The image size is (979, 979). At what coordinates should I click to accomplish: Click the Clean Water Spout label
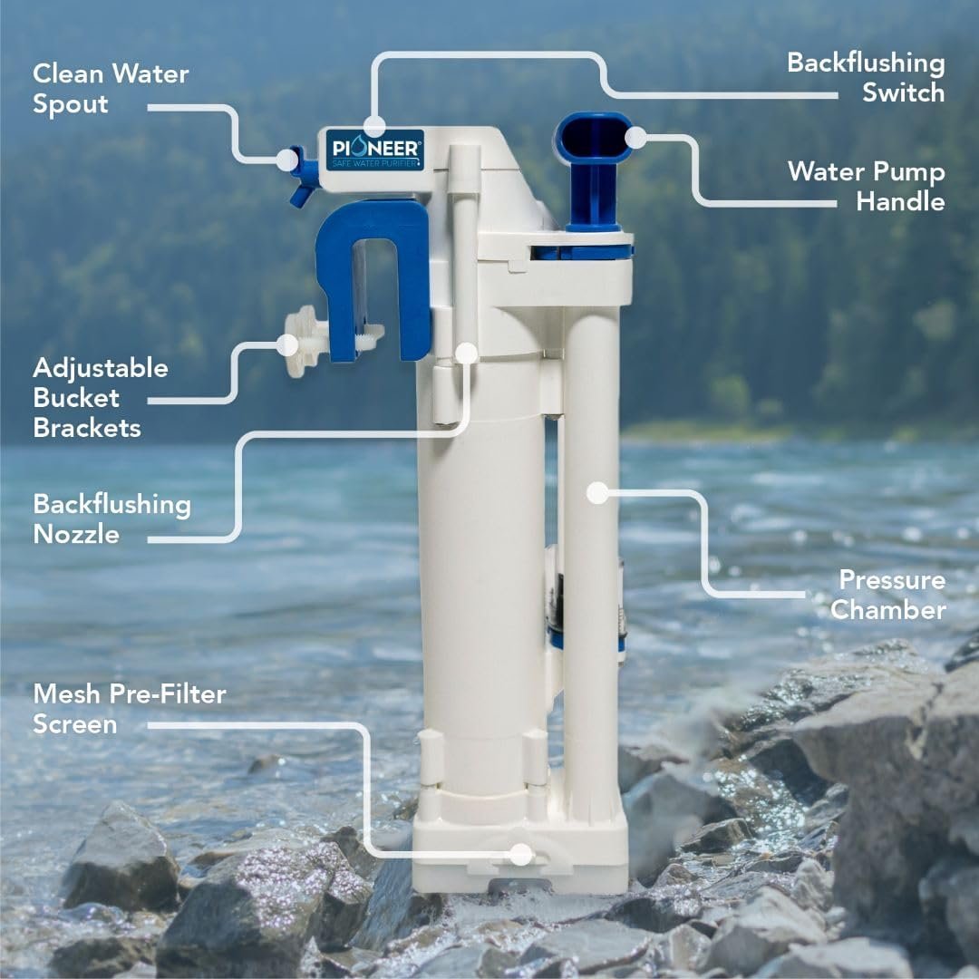coord(111,89)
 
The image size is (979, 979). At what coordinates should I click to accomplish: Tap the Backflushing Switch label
coord(866,77)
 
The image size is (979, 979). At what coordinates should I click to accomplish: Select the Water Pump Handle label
coord(867,187)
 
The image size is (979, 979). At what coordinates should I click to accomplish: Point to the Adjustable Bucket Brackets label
coord(101,398)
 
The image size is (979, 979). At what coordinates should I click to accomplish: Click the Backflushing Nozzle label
coord(111,519)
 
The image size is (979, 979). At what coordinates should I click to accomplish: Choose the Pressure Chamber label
coord(887,595)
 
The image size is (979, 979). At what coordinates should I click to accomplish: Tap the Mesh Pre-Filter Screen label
coord(130,709)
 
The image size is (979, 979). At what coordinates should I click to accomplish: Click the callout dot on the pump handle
coord(635,138)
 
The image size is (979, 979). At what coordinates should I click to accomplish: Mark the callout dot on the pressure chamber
coord(597,492)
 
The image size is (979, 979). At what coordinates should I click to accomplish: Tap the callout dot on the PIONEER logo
coord(374,126)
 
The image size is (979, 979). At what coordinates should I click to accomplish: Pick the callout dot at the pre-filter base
coord(520,854)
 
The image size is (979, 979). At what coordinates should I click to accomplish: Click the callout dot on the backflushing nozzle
coord(467,353)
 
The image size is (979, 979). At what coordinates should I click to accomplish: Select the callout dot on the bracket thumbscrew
coord(288,344)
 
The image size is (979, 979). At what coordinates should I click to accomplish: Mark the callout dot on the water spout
coord(287,160)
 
